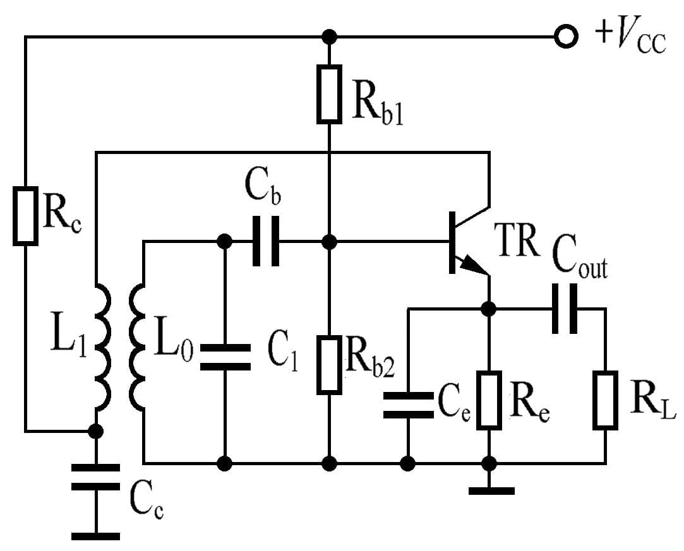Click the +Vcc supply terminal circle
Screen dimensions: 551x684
(566, 37)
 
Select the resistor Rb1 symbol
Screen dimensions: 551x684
(329, 93)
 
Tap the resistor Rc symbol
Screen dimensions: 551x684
(26, 215)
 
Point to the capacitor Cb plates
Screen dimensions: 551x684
(265, 241)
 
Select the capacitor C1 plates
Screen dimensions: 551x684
(225, 357)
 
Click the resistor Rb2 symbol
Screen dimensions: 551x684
(329, 365)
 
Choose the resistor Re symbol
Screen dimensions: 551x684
(489, 400)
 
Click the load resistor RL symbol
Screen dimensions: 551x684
(605, 400)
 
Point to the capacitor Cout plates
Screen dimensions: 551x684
(564, 309)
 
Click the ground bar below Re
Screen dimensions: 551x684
(491, 490)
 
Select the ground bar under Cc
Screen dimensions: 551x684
(95, 536)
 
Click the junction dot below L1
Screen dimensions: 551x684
(95, 431)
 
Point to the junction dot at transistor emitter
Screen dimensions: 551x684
(488, 309)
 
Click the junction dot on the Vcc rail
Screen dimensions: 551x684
(328, 37)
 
